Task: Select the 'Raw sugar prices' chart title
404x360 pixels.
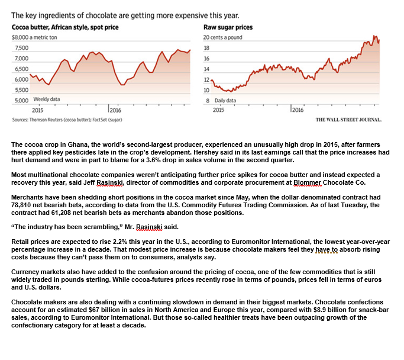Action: pos(228,27)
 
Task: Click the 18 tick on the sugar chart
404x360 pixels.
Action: pos(206,48)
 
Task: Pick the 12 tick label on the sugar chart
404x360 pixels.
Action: pos(206,79)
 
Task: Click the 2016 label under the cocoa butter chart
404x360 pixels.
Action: pos(115,110)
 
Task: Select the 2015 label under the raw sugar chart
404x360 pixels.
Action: pos(218,110)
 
